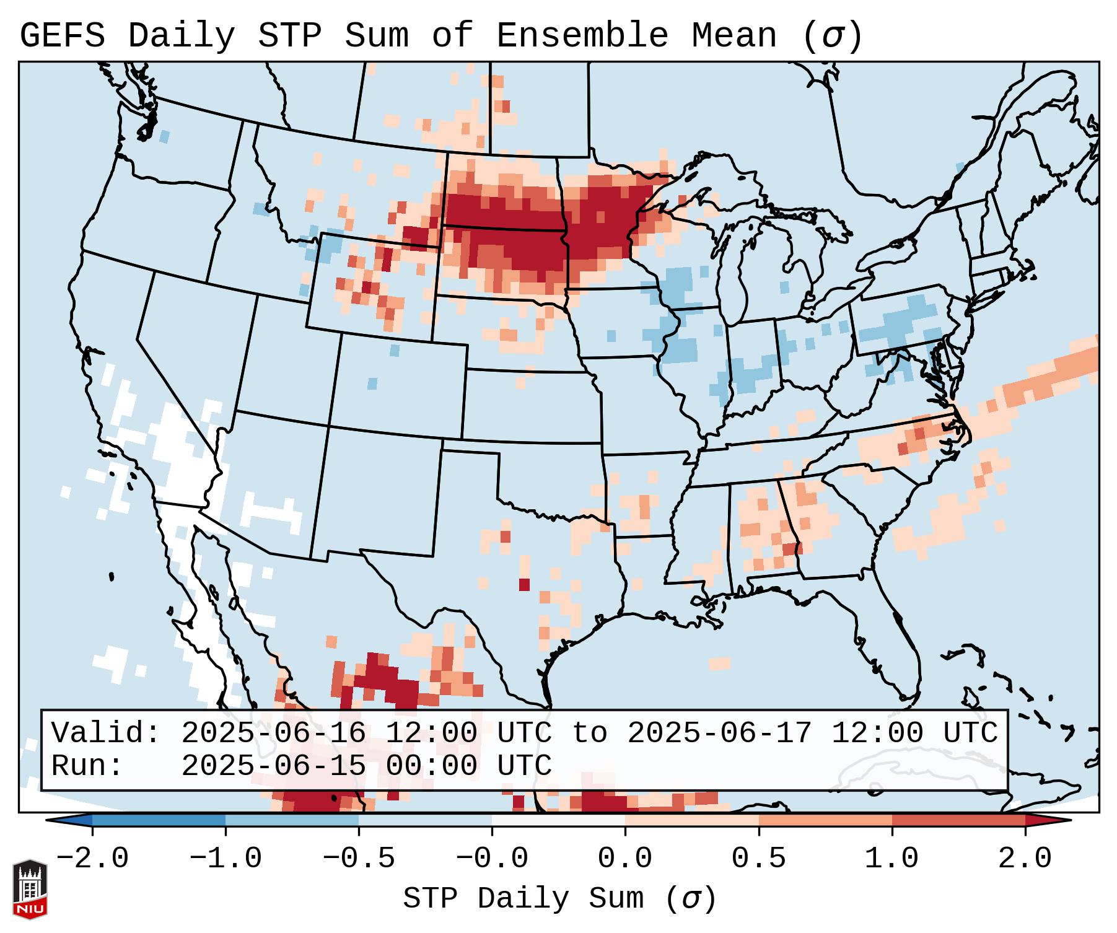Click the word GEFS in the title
point(62,36)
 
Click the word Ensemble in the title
point(582,36)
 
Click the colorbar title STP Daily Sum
point(523,899)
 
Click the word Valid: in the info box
point(106,734)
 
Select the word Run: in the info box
point(87,766)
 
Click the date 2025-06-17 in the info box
point(719,734)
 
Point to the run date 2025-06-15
point(273,766)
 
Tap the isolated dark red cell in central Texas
point(525,584)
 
